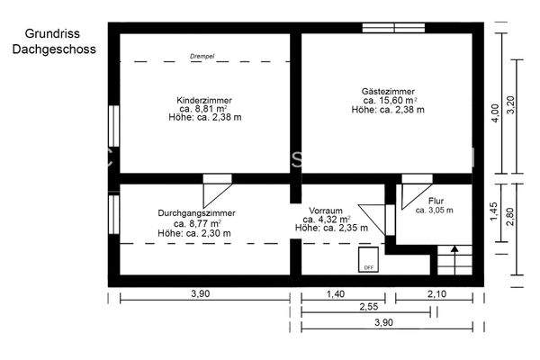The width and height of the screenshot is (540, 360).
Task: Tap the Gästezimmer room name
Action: [x=384, y=90]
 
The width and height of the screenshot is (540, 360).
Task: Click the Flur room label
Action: [x=436, y=201]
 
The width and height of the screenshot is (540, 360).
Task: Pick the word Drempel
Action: [x=202, y=56]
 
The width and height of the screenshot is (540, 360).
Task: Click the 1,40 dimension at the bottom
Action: [x=335, y=294]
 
